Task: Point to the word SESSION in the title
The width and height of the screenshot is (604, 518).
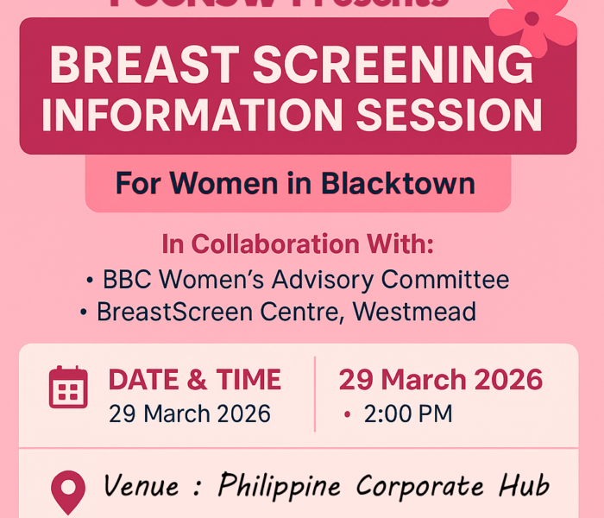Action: click(456, 115)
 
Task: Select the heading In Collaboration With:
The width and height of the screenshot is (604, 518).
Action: click(298, 244)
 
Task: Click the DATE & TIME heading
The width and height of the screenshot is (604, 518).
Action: click(194, 380)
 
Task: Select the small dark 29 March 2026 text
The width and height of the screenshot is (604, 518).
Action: click(189, 414)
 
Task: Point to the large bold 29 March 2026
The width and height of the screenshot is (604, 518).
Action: click(440, 379)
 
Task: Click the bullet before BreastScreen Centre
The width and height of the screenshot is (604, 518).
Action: click(85, 312)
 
